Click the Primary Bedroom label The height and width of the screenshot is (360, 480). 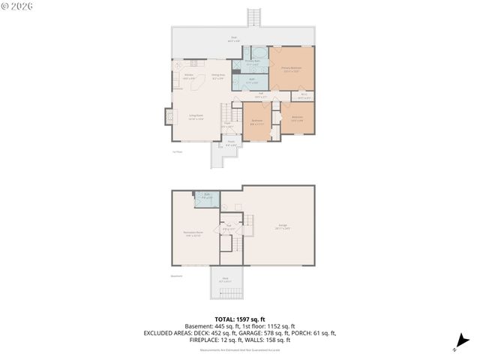[x=292, y=68]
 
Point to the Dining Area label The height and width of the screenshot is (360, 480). [x=217, y=76]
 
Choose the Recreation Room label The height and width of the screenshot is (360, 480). [x=195, y=233]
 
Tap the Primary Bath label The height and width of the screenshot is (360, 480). [x=253, y=63]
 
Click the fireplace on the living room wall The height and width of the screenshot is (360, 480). [x=169, y=117]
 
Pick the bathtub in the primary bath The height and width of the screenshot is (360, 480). [x=259, y=53]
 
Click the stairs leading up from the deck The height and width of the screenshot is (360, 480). [x=253, y=16]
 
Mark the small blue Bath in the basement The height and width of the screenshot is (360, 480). [x=207, y=198]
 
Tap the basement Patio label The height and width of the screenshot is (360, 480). [x=225, y=280]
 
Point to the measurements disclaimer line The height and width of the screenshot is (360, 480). [x=239, y=349]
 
